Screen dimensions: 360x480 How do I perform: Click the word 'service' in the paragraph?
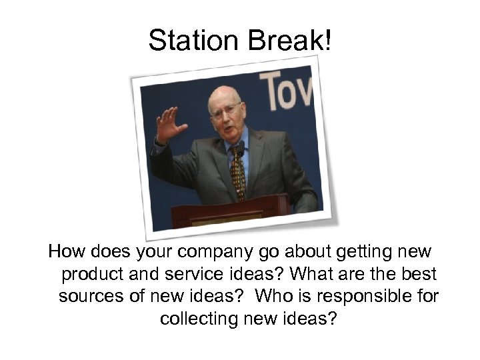point(193,275)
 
